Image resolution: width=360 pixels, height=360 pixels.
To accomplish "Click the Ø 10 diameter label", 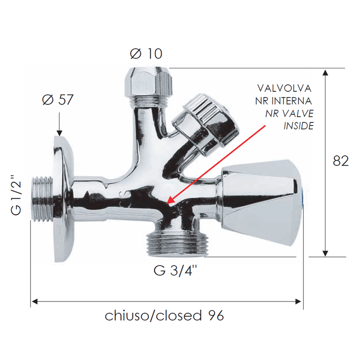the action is (146, 54).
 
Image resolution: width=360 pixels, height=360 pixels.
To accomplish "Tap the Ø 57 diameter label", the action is (58, 99).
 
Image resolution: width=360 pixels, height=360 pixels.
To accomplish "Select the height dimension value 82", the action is (341, 161).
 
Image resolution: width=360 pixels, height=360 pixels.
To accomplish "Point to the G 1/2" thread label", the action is (16, 195).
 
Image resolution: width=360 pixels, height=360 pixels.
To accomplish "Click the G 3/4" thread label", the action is (175, 270).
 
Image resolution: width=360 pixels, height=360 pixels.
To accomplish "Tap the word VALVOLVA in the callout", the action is (284, 88).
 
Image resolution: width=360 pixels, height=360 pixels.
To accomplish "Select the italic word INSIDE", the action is (298, 126).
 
